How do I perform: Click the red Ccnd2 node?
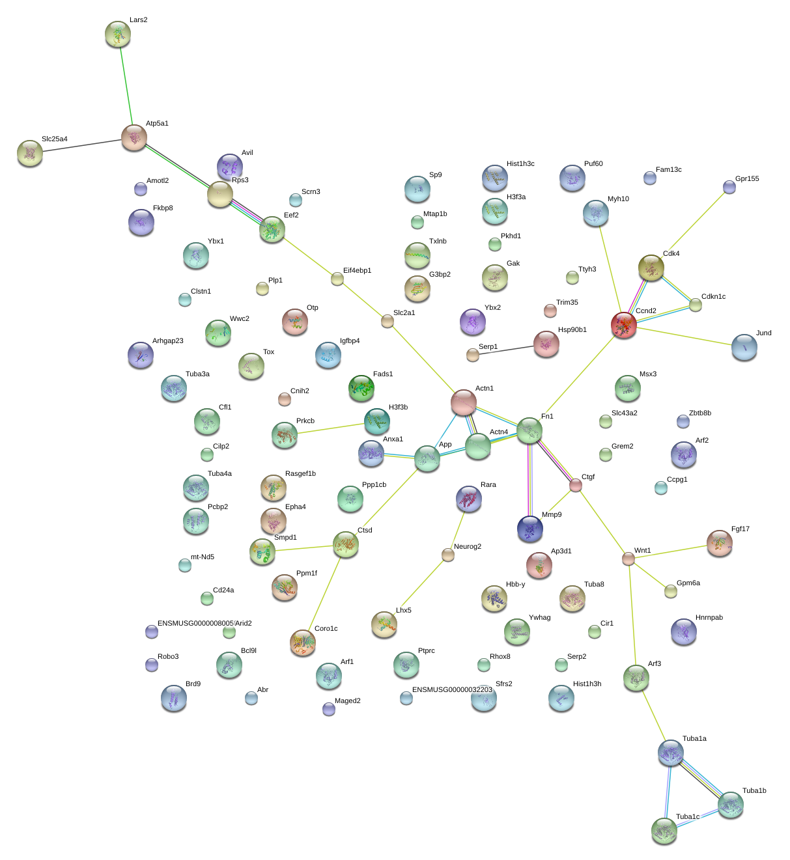pyautogui.click(x=623, y=325)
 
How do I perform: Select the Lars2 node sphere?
pyautogui.click(x=117, y=34)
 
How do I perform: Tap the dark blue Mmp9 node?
pyautogui.click(x=529, y=529)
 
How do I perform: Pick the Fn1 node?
pyautogui.click(x=529, y=430)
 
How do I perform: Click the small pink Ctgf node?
pyautogui.click(x=575, y=485)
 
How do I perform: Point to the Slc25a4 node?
pyautogui.click(x=29, y=153)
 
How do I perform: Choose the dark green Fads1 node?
pyautogui.click(x=361, y=389)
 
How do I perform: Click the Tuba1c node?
pyautogui.click(x=664, y=831)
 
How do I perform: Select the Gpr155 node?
pyautogui.click(x=729, y=187)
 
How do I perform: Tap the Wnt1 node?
pyautogui.click(x=628, y=559)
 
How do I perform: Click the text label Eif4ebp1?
pyautogui.click(x=358, y=271)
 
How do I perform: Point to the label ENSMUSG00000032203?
pyautogui.click(x=452, y=689)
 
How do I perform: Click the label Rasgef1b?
pyautogui.click(x=300, y=473)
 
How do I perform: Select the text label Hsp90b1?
pyautogui.click(x=572, y=329)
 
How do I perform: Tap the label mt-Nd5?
pyautogui.click(x=203, y=557)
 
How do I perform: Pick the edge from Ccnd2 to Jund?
pyautogui.click(x=684, y=337)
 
